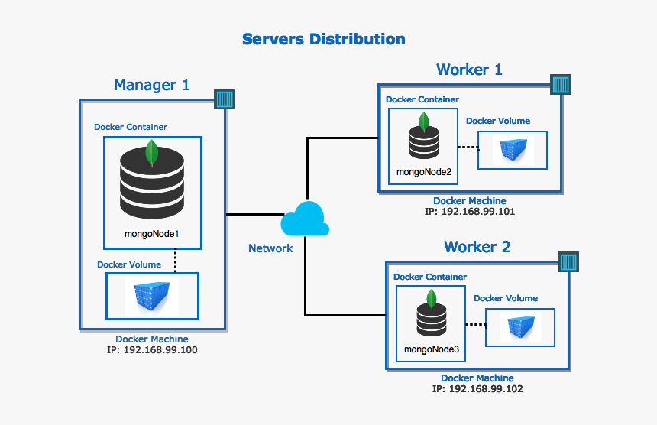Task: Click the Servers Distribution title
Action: pos(323,39)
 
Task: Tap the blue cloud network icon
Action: pos(305,219)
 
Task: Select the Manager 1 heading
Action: pos(151,85)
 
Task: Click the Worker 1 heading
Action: pos(469,70)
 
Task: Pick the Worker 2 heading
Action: pos(477,247)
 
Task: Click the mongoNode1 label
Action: pos(151,232)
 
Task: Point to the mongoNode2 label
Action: pos(424,172)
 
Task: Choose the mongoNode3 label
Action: pos(432,349)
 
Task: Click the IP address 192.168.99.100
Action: pos(152,350)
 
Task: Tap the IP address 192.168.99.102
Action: pos(477,389)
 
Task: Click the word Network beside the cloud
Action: pos(270,248)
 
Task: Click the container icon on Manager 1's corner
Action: pos(225,99)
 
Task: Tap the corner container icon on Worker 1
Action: pos(561,84)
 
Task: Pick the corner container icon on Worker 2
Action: pos(568,262)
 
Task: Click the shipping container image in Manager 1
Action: pos(151,296)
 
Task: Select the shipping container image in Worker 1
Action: pos(512,150)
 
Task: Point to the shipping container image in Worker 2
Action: pos(519,327)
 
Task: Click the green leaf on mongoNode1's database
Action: pos(152,153)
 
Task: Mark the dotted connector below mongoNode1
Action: pos(176,260)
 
